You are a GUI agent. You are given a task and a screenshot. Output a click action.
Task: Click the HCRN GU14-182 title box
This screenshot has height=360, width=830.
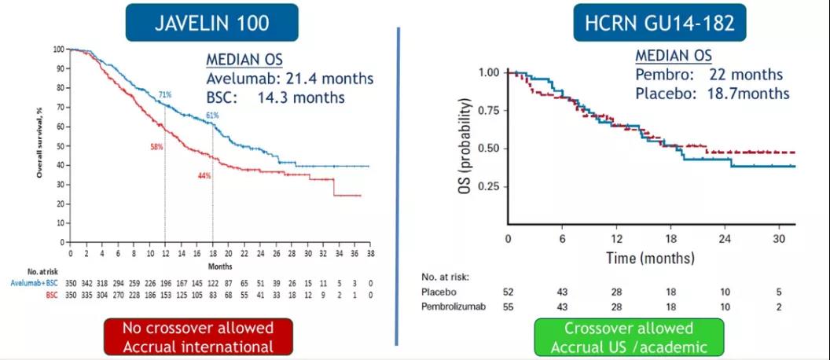[x=659, y=23]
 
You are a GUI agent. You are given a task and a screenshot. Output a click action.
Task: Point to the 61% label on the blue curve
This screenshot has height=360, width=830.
[x=212, y=116]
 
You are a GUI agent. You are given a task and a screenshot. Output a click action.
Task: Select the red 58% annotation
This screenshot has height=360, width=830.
[x=156, y=147]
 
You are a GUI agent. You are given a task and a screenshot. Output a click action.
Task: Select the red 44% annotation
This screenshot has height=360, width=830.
[x=204, y=175]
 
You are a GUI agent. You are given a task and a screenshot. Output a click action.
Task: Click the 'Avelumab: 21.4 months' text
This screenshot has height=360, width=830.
[x=289, y=79]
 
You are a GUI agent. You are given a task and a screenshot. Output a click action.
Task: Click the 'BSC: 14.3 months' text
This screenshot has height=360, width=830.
[x=275, y=98]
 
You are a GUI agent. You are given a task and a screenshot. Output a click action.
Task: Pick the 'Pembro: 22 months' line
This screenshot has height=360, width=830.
[x=709, y=75]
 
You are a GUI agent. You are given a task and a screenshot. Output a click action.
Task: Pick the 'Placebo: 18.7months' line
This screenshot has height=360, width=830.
[x=712, y=93]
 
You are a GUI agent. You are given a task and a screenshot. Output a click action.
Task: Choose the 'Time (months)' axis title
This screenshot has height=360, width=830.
[x=650, y=258]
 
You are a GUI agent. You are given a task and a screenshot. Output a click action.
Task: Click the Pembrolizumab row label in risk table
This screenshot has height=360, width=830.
[x=459, y=307]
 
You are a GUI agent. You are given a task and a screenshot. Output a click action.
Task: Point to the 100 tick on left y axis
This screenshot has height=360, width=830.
[x=59, y=50]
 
